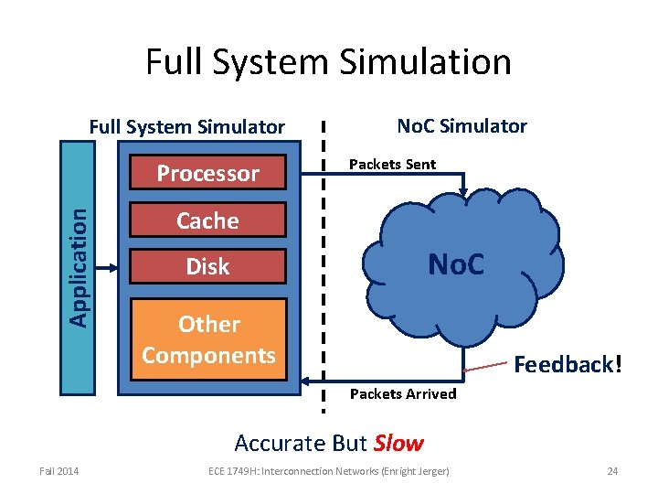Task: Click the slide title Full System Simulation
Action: [328, 62]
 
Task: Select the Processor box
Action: [208, 174]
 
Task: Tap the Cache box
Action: [208, 220]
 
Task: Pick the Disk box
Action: [208, 267]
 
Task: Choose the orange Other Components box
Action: [208, 338]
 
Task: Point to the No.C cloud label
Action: [456, 265]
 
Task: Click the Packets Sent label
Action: [392, 165]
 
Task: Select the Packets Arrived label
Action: [403, 394]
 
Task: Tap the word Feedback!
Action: [568, 365]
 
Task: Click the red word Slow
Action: [398, 444]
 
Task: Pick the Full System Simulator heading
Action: [186, 127]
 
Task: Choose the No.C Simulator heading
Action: [462, 126]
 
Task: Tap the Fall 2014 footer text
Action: [58, 471]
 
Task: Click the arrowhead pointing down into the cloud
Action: [464, 191]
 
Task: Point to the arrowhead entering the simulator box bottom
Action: [309, 377]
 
